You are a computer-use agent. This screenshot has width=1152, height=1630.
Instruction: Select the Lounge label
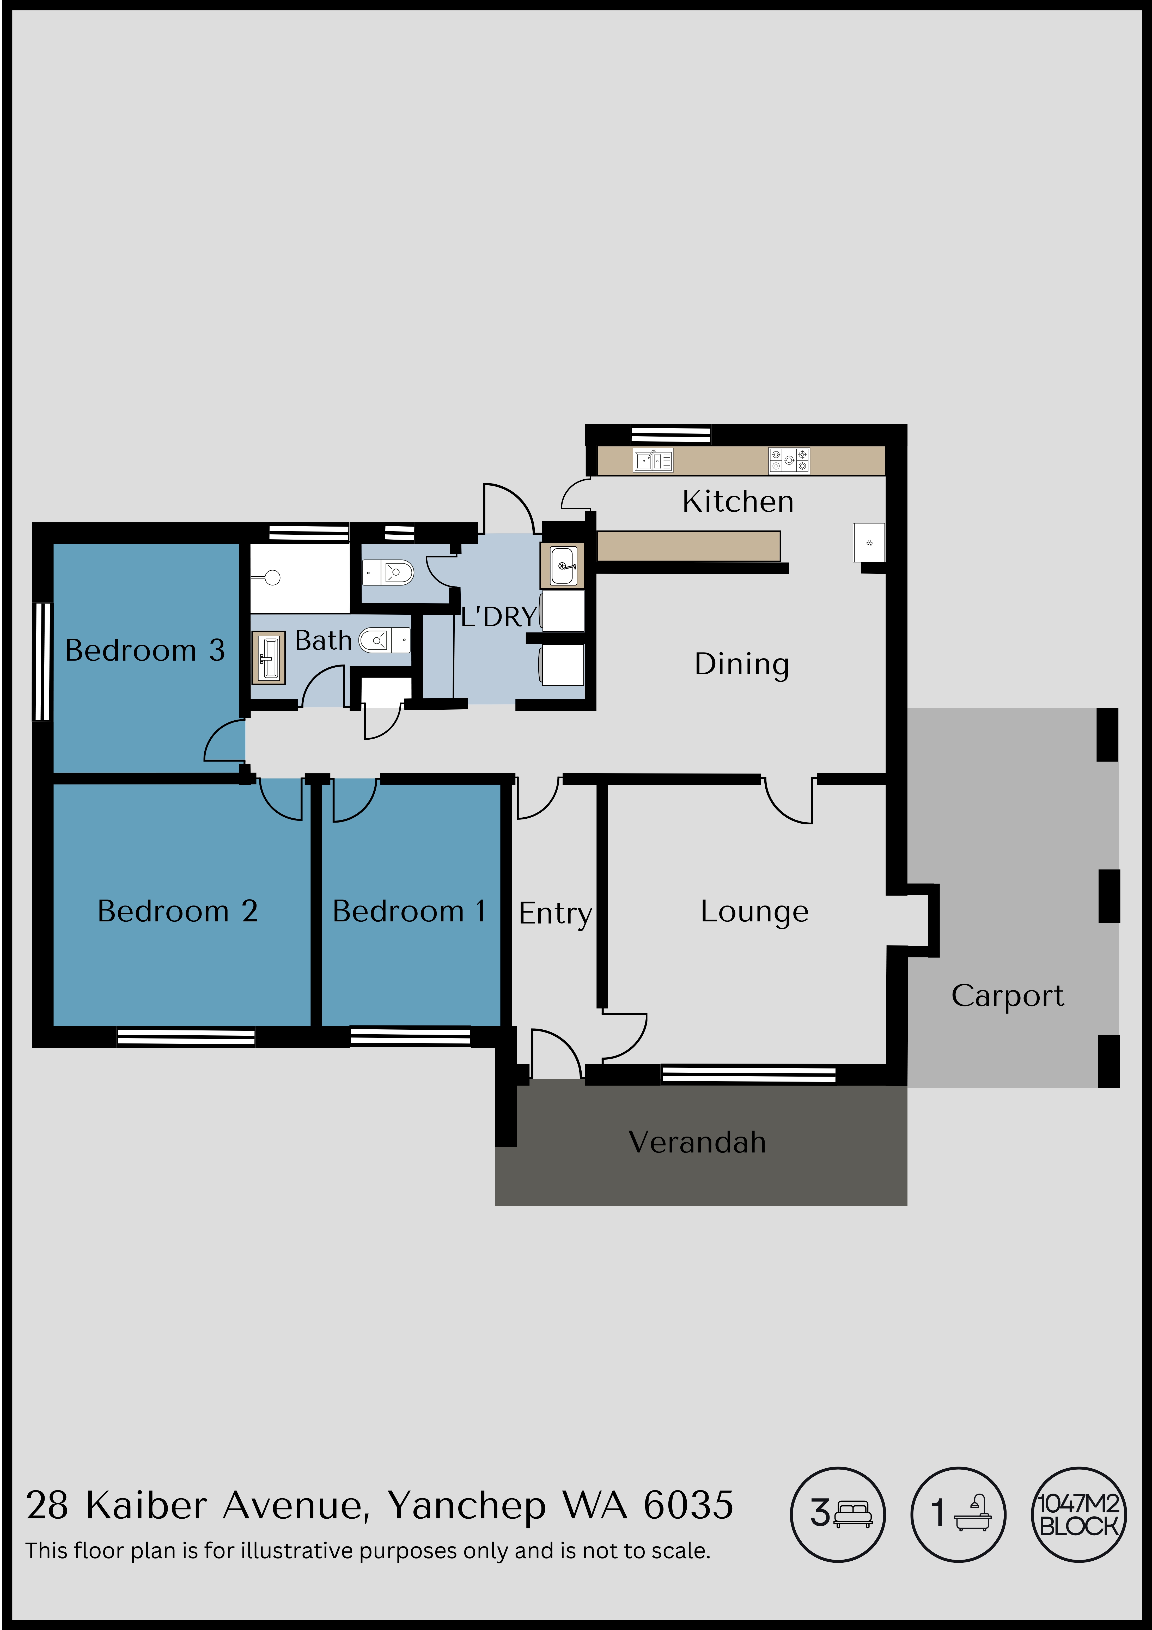pyautogui.click(x=754, y=911)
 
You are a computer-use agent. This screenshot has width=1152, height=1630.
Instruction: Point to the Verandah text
pyautogui.click(x=697, y=1142)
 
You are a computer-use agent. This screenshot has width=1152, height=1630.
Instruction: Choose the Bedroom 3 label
pyautogui.click(x=145, y=650)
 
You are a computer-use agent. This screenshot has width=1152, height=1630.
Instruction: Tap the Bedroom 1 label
pyautogui.click(x=409, y=911)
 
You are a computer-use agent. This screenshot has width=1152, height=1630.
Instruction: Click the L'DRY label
pyautogui.click(x=498, y=617)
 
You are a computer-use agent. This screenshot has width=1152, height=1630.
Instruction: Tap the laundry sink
pyautogui.click(x=563, y=566)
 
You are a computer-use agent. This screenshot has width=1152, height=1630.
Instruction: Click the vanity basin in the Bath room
pyautogui.click(x=268, y=657)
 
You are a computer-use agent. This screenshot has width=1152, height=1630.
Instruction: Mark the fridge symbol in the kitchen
pyautogui.click(x=869, y=543)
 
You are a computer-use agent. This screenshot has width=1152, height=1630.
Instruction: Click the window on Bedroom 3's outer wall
pyautogui.click(x=42, y=662)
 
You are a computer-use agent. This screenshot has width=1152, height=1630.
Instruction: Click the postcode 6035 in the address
pyautogui.click(x=688, y=1505)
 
